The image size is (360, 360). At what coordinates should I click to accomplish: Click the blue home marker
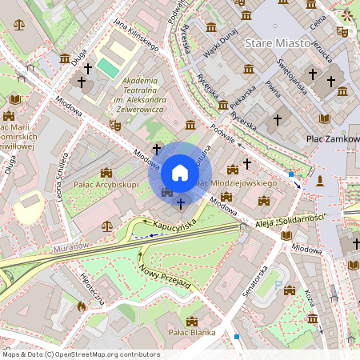[180, 173]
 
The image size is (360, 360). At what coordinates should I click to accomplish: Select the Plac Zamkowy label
[333, 139]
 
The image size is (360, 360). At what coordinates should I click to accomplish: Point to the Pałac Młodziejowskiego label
[236, 183]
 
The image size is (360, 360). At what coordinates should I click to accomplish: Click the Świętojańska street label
[292, 77]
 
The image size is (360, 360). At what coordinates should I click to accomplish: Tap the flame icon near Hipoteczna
[81, 306]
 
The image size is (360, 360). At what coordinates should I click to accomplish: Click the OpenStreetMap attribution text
[82, 354]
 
